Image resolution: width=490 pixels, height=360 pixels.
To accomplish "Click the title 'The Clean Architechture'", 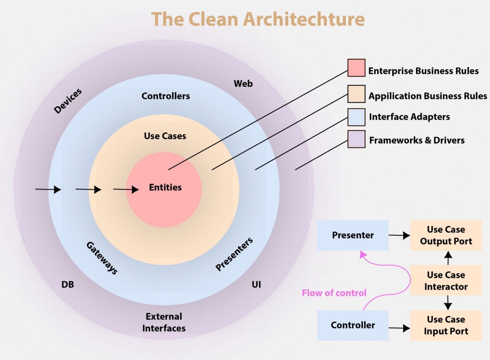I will tap(258, 19).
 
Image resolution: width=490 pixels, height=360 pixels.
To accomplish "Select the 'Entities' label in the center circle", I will tap(165, 187).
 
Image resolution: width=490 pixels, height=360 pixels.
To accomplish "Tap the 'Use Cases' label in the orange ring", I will tap(165, 136).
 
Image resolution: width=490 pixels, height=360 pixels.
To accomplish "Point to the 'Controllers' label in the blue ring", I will tap(166, 96).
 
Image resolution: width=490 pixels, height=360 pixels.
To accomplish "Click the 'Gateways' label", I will tap(102, 258).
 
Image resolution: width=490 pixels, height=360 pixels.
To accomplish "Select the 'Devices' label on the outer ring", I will tap(68, 101).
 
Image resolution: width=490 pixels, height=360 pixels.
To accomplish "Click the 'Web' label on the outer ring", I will tap(243, 83).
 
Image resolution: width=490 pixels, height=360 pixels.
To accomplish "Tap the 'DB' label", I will tap(67, 285).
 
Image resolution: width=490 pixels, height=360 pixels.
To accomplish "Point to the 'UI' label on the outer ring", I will tap(256, 284).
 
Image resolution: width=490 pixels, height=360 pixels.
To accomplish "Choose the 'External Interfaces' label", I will tap(164, 322).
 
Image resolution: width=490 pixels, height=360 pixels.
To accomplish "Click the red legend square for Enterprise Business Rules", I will tap(356, 68).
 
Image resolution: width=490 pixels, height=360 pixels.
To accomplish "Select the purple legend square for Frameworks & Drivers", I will tap(356, 139).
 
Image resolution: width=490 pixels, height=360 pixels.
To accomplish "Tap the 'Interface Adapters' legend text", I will tap(409, 116).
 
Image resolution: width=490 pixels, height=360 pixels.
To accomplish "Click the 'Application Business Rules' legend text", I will tap(428, 96).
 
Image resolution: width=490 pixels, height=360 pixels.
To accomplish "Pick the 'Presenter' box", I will tap(353, 235).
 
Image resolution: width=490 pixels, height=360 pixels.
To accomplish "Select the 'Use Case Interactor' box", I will tap(446, 281).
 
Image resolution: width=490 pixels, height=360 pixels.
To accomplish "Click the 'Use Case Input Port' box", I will tap(446, 325).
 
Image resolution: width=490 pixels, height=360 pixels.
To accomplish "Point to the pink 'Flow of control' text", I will tap(334, 293).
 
